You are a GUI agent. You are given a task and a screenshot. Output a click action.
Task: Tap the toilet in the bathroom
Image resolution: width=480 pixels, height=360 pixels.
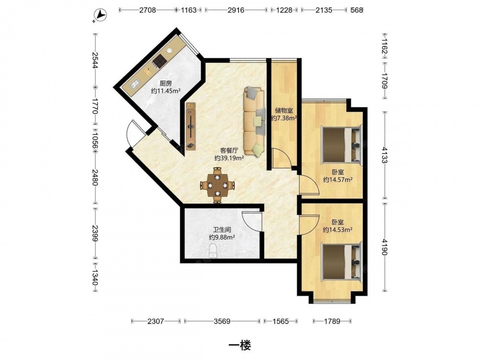[213, 251]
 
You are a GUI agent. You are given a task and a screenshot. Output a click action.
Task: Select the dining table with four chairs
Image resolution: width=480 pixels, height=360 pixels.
[217, 185]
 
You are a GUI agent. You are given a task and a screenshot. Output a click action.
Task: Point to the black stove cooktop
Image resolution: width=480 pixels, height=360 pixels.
[159, 60]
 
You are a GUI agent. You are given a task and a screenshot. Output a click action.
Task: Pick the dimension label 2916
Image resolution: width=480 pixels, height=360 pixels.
[236, 10]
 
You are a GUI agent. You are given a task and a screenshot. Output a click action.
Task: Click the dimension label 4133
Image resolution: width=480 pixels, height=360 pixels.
[385, 155]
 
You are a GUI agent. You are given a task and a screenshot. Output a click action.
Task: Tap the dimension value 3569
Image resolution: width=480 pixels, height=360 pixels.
[222, 321]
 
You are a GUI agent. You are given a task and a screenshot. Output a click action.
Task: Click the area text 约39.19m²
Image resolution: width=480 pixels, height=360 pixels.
[229, 158]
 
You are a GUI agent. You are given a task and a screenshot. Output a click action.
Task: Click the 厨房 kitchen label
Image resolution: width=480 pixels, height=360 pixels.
[165, 83]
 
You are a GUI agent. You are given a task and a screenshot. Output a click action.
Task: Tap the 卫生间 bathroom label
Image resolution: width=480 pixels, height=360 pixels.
[222, 229]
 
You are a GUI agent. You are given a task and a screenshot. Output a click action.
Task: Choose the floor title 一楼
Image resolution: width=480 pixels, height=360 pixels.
[240, 346]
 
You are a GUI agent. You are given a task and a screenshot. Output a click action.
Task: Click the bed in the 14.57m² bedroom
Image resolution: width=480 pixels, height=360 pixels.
[341, 144]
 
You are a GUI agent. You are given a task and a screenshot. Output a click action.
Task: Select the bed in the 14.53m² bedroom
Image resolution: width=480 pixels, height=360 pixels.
[341, 261]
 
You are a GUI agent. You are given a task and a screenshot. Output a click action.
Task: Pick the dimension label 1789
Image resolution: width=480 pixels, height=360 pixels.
[332, 321]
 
